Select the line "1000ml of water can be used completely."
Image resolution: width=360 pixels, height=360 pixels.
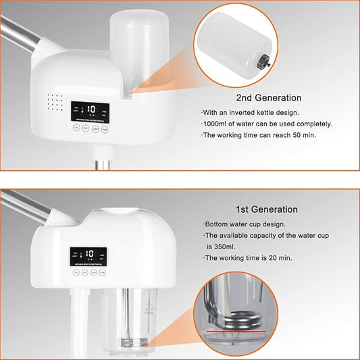coord(267,124)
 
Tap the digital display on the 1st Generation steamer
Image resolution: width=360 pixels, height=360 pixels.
coord(88,256)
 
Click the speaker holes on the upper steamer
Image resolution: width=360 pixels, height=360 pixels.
coord(53,101)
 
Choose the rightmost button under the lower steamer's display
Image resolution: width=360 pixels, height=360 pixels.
coord(103,272)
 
